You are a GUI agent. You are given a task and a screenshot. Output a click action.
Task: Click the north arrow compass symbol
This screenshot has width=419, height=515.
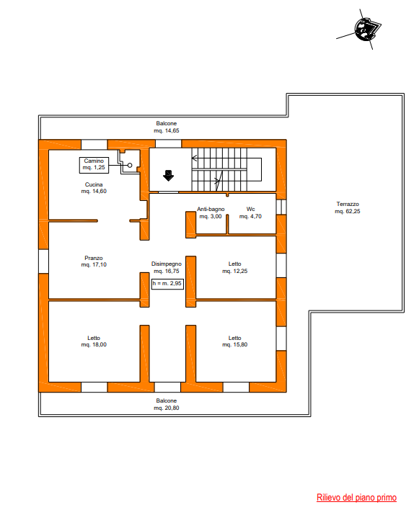pos(365,30)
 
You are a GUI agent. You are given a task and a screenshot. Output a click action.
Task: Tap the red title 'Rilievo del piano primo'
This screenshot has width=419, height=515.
pos(356,497)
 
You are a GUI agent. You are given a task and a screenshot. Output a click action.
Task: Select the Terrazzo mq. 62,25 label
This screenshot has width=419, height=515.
pos(348,207)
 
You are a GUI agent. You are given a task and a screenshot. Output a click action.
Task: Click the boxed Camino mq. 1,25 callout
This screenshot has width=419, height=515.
pos(94,165)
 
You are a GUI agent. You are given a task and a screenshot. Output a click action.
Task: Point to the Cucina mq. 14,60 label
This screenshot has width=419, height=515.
pos(94,188)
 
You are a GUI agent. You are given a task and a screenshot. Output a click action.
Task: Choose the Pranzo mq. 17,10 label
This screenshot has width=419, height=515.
pos(94,261)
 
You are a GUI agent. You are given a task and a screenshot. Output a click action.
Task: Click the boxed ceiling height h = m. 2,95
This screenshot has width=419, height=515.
pos(167,284)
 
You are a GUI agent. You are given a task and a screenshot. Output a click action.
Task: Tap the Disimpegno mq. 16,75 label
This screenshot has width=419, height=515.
pos(167,267)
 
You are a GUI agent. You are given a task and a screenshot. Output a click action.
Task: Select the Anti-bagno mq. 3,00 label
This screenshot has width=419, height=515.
pos(211,212)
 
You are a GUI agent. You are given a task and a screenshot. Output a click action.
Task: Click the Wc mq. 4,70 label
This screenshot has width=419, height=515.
pos(251,212)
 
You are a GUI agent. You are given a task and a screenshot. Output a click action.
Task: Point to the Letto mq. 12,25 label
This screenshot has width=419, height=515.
pos(235,267)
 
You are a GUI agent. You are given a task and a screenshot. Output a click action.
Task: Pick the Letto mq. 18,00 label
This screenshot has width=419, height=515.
pos(94,341)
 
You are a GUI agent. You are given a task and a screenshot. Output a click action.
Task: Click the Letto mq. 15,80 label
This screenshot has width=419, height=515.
pos(235,341)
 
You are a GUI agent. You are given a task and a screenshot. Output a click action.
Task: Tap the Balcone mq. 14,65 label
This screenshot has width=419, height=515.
pos(167,127)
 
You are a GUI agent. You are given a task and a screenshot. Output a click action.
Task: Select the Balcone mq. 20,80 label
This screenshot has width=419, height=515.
pos(167,404)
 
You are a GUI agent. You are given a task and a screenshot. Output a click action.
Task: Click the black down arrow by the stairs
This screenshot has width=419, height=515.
pos(168,176)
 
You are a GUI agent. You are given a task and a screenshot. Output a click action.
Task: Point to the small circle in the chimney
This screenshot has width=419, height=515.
pos(130,165)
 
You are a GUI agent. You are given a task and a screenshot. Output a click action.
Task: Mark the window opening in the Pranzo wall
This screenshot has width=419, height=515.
pos(44,261)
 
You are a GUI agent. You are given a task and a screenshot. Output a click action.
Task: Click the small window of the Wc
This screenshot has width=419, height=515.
pos(281,207)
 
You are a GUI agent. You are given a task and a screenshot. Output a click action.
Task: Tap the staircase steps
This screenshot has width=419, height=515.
pos(219,169)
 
